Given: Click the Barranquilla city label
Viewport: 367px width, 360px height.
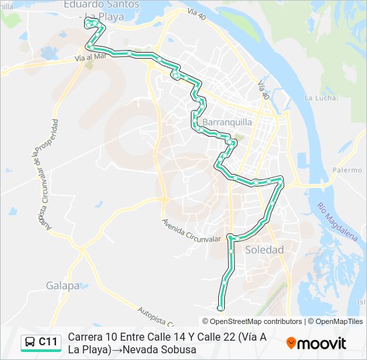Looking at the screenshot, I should pyautogui.click(x=226, y=123).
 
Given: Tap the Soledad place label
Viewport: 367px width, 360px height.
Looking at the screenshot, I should pyautogui.click(x=264, y=250).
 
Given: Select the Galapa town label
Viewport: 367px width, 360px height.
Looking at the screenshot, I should pyautogui.click(x=63, y=286).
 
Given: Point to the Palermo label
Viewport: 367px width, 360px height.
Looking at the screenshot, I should pyautogui.click(x=347, y=170).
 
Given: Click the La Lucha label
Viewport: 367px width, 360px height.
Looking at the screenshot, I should pyautogui.click(x=318, y=98).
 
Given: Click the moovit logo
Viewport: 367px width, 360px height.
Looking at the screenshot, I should pyautogui.click(x=316, y=343).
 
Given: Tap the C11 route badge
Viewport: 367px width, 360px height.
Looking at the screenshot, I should pyautogui.click(x=48, y=342).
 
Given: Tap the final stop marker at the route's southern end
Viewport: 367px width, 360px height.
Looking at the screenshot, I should pyautogui.click(x=221, y=308).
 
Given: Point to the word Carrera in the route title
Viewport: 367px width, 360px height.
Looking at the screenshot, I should pyautogui.click(x=88, y=337).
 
